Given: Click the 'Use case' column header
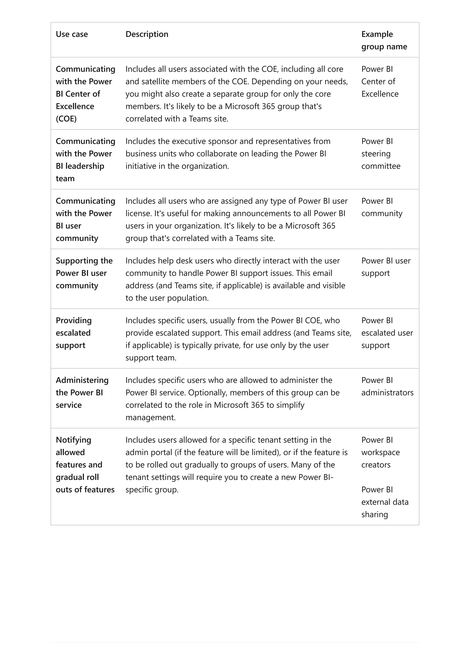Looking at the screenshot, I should pyautogui.click(x=72, y=34).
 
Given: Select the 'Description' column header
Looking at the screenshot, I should pyautogui.click(x=147, y=34).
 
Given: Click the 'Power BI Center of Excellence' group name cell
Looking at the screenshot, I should pyautogui.click(x=380, y=82).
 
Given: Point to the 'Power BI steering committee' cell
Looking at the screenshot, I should pyautogui.click(x=381, y=154).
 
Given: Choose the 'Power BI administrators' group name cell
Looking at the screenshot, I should pyautogui.click(x=387, y=386).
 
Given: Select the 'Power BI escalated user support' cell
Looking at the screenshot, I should pyautogui.click(x=387, y=333).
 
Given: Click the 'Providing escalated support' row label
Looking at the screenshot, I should pyautogui.click(x=74, y=333).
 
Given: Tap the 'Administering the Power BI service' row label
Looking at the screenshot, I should pyautogui.click(x=82, y=392).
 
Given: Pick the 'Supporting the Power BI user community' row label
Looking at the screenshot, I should pyautogui.click(x=84, y=273).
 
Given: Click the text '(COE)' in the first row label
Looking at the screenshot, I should pyautogui.click(x=66, y=119).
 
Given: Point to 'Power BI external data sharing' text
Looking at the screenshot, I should pyautogui.click(x=385, y=502).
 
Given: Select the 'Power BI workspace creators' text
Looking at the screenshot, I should pyautogui.click(x=380, y=452).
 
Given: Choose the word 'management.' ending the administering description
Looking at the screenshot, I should pyautogui.click(x=150, y=417).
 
